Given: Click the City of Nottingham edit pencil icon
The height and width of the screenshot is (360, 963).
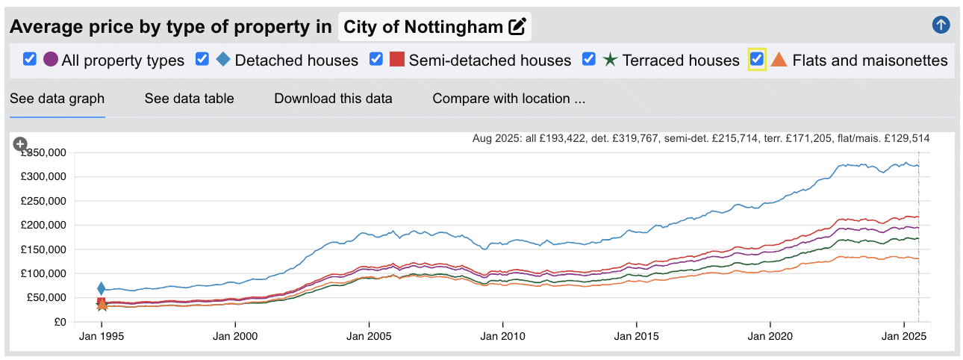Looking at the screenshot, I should point(517,28).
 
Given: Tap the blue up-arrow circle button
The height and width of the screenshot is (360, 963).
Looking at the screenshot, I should point(941,25).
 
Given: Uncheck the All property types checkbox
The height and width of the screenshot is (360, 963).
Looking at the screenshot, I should point(30,59).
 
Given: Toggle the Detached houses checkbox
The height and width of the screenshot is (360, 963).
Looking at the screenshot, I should point(202,59).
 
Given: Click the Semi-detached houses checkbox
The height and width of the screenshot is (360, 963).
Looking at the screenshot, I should point(377,59).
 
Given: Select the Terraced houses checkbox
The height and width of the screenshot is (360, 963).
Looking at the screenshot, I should point(589,59).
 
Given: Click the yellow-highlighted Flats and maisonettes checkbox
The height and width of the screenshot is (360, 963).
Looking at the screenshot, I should point(757,59).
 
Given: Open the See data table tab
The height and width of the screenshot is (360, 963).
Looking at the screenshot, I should point(189,99).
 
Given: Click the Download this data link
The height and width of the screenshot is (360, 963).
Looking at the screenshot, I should point(333,99).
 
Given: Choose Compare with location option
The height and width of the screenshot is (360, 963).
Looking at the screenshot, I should point(508,99).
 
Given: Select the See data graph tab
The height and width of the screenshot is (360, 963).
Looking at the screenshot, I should point(57,99).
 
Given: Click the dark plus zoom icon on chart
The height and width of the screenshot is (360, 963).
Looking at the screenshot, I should point(20,144).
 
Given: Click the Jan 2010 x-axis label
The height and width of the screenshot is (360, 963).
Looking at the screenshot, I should point(502,336).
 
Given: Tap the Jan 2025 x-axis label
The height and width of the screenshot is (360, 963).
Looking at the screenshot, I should point(904,336).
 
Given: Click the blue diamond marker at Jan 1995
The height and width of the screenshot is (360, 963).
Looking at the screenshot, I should point(102,288).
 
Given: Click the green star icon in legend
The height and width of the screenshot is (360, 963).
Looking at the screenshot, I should point(610,60).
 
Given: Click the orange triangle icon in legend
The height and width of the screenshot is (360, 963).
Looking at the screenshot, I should point(779,60).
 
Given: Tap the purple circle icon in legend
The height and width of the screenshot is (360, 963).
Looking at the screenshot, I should point(51,60).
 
